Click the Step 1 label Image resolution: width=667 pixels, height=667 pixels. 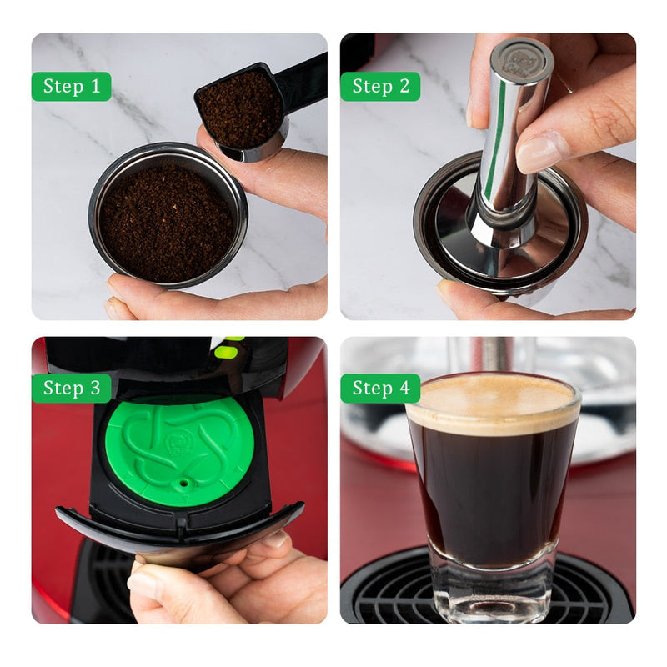pos(72,86)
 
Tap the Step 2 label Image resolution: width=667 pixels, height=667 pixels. pos(380,86)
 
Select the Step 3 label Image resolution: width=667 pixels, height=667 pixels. pos(72,388)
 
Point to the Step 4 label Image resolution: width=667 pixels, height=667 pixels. pos(380,388)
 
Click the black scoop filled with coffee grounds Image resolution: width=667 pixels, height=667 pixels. pos(240,108)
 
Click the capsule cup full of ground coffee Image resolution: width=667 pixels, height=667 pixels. pos(168,220)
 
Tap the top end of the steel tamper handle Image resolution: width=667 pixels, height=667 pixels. pos(520,58)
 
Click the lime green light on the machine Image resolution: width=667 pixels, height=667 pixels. pos(226,351)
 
